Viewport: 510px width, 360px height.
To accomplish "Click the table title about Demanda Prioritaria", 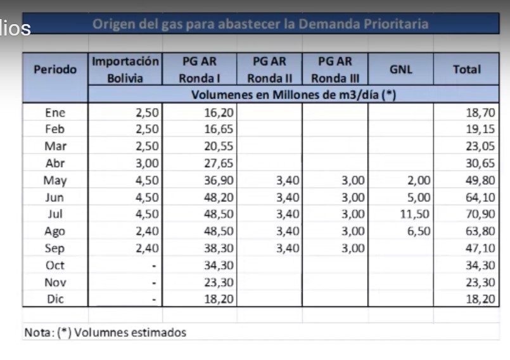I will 260,25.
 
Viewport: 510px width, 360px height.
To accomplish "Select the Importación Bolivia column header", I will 125,70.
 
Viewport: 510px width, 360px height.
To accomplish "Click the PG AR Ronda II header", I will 269,70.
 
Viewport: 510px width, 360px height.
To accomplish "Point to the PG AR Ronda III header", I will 335,70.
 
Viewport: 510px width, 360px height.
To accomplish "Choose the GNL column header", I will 401,70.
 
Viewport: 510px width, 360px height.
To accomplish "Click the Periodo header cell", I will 55,70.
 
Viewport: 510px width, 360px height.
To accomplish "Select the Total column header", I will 467,70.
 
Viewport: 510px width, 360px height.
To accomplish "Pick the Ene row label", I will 55,113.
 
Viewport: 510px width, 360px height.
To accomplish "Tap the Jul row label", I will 55,214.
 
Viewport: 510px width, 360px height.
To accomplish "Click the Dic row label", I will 55,299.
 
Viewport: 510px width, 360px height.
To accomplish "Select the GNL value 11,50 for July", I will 416,214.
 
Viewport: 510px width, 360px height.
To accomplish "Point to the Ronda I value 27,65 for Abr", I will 219,164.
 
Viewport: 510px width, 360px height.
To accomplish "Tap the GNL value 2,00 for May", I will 419,181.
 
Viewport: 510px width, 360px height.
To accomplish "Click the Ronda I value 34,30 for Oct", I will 219,265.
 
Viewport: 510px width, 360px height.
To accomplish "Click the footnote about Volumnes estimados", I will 105,332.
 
